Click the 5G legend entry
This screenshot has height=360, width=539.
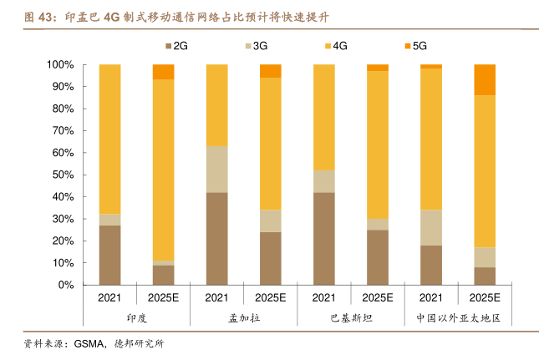415,46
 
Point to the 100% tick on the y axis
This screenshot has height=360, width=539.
62,65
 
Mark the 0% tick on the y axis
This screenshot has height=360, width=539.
67,285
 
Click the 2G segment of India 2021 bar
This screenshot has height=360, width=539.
109,255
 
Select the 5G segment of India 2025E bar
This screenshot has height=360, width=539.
163,72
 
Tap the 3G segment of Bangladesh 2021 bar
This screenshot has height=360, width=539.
216,170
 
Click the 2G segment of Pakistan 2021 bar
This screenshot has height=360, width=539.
323,238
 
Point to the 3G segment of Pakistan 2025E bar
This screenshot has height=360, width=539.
378,224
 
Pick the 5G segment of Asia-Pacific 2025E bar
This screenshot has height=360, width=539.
485,79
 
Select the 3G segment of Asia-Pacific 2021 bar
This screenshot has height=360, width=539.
431,227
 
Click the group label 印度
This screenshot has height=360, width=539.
136,318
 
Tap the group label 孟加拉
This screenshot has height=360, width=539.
243,318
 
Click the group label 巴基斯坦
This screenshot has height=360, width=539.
350,318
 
